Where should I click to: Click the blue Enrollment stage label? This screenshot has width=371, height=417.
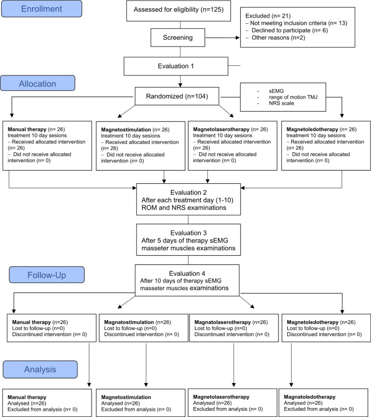click(x=42, y=9)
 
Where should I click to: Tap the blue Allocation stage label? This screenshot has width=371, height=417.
click(x=38, y=83)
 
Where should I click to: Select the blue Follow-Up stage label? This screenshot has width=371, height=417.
click(x=47, y=275)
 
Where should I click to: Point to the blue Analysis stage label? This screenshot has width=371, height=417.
click(x=40, y=369)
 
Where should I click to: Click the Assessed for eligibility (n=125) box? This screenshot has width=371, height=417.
click(x=179, y=11)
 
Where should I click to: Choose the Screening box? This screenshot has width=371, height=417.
click(x=178, y=38)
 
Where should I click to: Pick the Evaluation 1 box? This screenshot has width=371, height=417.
click(x=176, y=66)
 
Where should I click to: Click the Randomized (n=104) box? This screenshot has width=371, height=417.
click(x=177, y=96)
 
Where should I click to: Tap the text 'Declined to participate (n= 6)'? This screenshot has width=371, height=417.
click(x=290, y=30)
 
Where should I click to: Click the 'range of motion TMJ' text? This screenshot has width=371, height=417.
click(x=293, y=97)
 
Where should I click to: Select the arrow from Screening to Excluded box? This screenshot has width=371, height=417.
click(x=222, y=38)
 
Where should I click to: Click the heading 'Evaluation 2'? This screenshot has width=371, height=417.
click(x=189, y=192)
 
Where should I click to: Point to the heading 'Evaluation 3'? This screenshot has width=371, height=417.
click(x=189, y=233)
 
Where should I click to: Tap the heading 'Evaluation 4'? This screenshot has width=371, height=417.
click(x=187, y=274)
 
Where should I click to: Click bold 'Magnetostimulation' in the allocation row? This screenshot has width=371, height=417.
click(x=126, y=130)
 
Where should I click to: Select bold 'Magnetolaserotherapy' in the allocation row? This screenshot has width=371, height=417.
click(x=221, y=129)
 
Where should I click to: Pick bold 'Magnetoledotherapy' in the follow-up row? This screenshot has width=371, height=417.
click(x=312, y=322)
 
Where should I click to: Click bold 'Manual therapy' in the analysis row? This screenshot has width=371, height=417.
click(x=27, y=397)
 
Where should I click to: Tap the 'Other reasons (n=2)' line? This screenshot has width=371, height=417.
click(x=278, y=38)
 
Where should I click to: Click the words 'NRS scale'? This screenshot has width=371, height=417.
click(x=281, y=103)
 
